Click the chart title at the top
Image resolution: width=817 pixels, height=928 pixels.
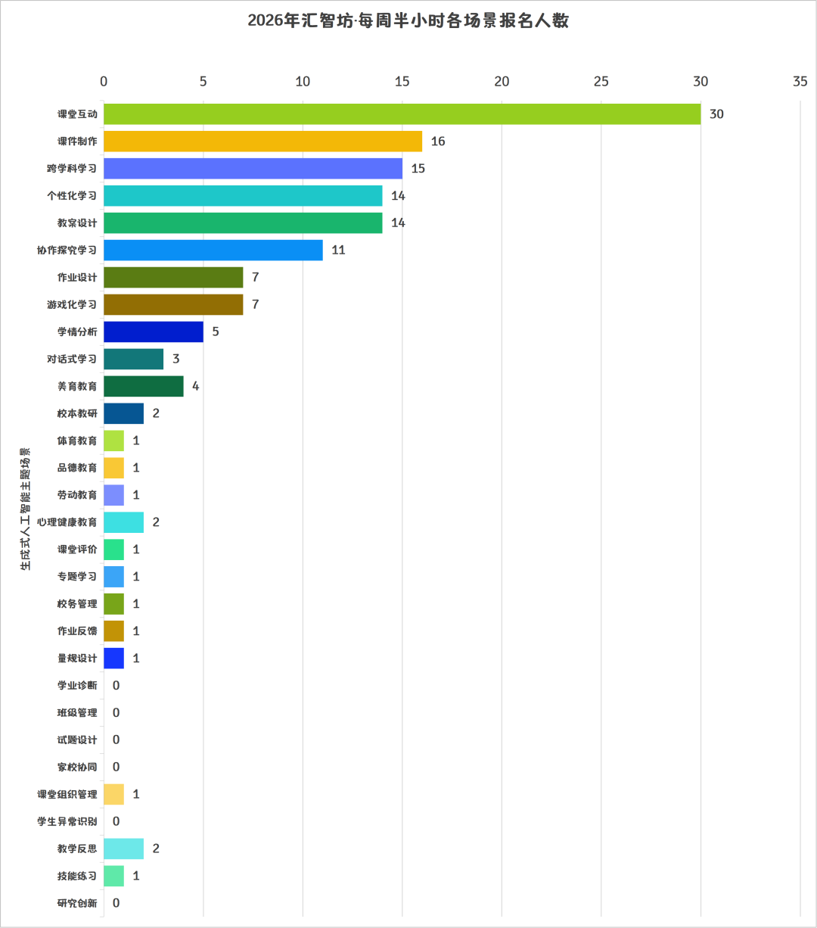(408, 21)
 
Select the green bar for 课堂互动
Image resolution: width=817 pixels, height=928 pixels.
(402, 114)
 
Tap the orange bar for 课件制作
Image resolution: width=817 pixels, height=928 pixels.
(263, 141)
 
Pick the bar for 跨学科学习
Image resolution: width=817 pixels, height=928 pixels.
(253, 169)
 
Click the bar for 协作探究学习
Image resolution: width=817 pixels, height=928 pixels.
(213, 250)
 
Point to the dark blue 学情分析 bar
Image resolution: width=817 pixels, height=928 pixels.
(154, 332)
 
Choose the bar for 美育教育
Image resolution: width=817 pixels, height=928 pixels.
(144, 386)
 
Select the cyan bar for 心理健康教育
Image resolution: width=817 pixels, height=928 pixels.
(123, 522)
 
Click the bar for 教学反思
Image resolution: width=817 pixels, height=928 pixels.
(123, 849)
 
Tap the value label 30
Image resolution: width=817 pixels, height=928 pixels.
(716, 114)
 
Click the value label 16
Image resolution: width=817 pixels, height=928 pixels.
(438, 141)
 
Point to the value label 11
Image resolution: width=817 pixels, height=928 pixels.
(338, 250)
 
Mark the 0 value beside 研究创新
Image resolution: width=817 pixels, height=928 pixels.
(116, 903)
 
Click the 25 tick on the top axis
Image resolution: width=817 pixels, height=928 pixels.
(601, 82)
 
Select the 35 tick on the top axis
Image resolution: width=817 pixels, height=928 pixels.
(800, 82)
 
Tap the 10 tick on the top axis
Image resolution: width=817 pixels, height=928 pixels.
(303, 82)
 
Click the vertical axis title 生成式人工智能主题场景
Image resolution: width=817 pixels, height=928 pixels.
(26, 509)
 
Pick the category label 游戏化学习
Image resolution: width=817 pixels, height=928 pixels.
(72, 304)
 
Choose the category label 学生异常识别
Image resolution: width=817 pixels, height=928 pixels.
(67, 821)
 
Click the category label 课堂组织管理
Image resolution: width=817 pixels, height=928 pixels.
(67, 794)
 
